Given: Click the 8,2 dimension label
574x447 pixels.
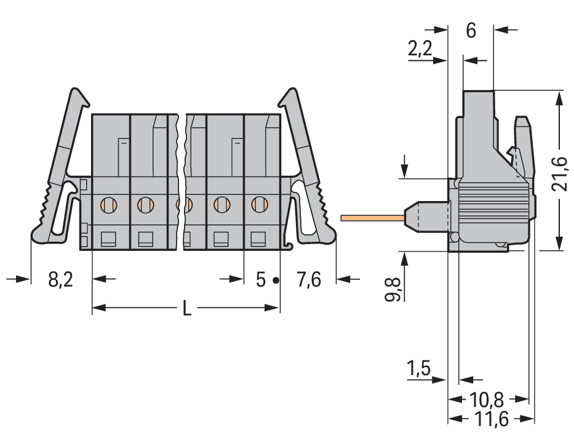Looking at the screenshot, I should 60,280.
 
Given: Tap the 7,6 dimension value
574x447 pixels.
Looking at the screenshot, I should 308,280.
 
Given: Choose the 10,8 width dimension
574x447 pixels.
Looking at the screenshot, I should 487,400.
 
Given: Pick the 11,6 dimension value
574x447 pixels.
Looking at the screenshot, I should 491,420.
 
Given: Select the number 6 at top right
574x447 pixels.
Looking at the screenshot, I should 471,31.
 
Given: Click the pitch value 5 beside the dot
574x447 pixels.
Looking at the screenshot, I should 261,280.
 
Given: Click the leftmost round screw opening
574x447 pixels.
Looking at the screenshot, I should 108,203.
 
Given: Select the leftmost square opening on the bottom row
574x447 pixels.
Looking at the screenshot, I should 108,238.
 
